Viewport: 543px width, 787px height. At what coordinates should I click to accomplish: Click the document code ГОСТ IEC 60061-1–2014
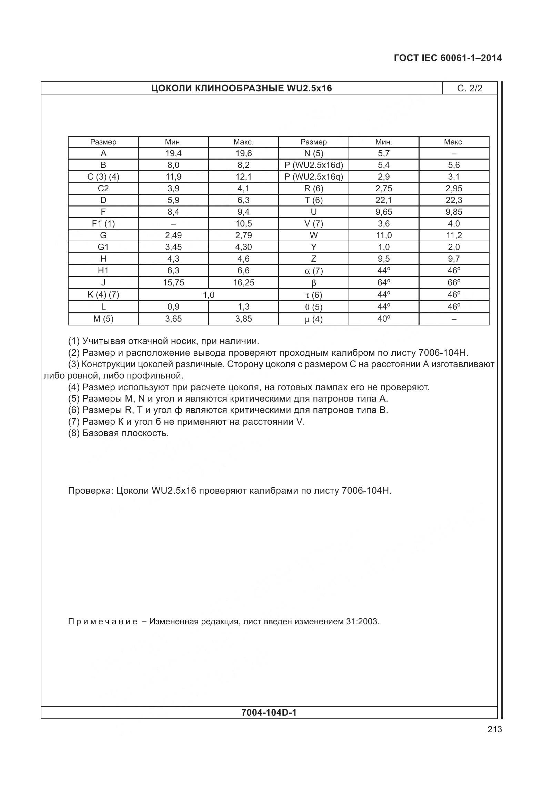pyautogui.click(x=448, y=58)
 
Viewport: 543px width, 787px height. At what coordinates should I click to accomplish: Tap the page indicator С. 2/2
pyautogui.click(x=470, y=88)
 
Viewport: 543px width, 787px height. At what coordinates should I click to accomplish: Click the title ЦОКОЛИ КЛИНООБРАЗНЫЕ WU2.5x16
pyautogui.click(x=241, y=88)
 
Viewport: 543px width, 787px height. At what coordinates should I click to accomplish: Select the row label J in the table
pyautogui.click(x=103, y=283)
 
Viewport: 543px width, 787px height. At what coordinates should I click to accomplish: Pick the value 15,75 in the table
pyautogui.click(x=173, y=283)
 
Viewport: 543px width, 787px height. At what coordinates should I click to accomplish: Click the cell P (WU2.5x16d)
pyautogui.click(x=313, y=165)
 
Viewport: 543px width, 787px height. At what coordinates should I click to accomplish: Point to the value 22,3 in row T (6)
pyautogui.click(x=454, y=200)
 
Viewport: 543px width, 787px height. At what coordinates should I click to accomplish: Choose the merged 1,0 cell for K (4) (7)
pyautogui.click(x=208, y=295)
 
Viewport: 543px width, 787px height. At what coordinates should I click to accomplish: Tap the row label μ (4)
pyautogui.click(x=313, y=319)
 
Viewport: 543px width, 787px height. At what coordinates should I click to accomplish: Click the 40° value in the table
pyautogui.click(x=383, y=319)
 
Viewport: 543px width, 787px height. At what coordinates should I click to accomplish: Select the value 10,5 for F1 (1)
pyautogui.click(x=243, y=224)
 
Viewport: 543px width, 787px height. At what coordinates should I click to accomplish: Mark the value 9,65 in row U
pyautogui.click(x=383, y=212)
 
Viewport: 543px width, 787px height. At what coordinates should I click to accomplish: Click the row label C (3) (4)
pyautogui.click(x=103, y=177)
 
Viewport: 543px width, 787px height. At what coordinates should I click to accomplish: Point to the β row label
pyautogui.click(x=313, y=283)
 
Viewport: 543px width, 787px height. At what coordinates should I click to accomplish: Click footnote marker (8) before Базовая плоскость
pyautogui.click(x=74, y=433)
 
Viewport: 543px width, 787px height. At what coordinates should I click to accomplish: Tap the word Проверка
pyautogui.click(x=90, y=491)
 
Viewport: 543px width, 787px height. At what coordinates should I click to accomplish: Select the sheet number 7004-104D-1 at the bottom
pyautogui.click(x=269, y=712)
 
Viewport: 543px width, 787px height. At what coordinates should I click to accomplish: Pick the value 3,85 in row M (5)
pyautogui.click(x=243, y=319)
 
